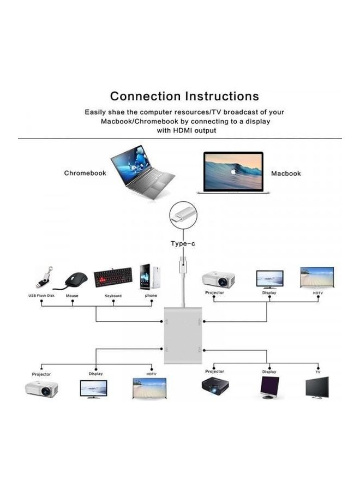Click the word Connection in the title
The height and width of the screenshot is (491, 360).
146,97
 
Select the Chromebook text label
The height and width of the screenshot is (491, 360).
85,173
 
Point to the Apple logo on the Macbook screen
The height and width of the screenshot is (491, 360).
233,171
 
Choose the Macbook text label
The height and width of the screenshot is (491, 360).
286,173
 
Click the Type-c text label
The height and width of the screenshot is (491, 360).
183,243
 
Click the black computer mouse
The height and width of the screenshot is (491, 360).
76,280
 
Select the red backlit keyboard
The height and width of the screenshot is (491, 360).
113,277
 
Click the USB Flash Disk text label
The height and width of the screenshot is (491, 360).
41,296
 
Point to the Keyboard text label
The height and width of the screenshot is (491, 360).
113,296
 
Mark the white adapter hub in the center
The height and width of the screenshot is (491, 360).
183,335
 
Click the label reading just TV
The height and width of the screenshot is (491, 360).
317,372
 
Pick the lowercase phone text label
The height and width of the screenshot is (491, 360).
151,296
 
